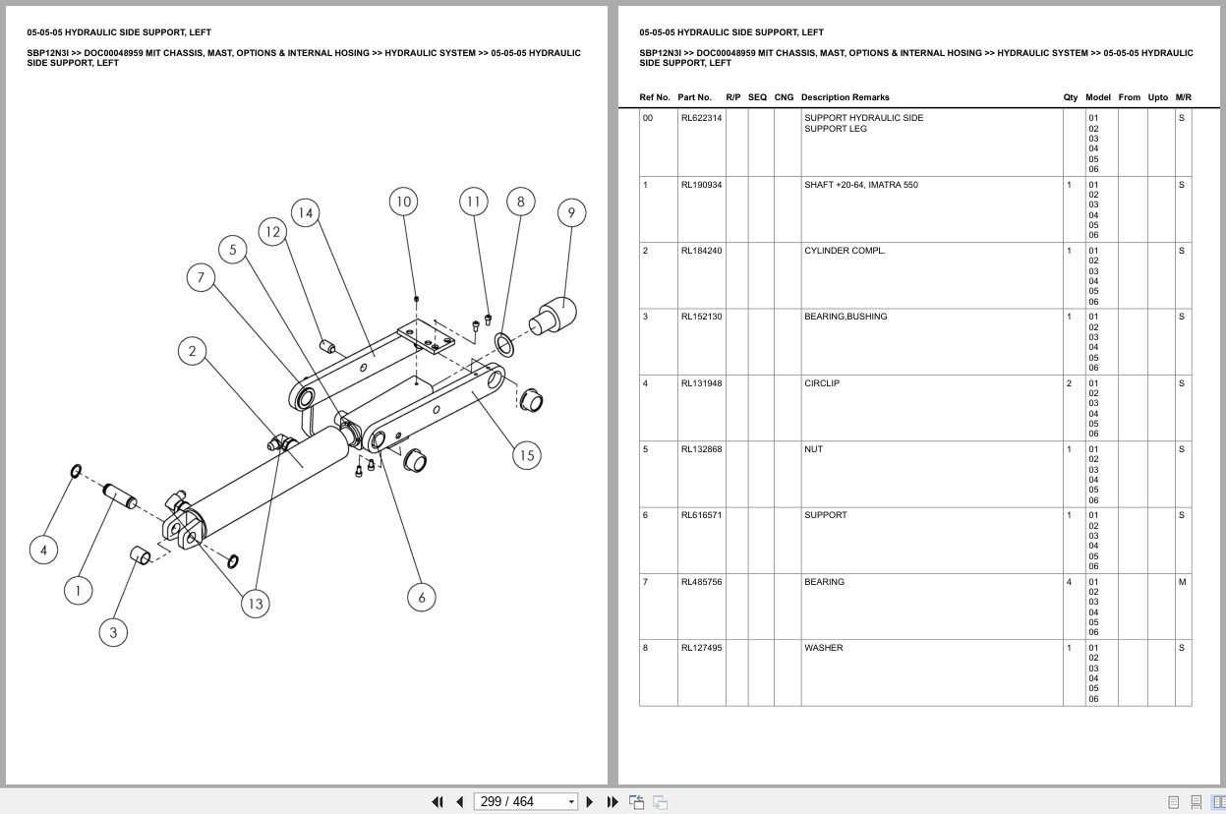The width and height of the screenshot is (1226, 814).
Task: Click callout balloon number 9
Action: (571, 212)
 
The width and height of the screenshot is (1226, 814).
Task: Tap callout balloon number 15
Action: (527, 455)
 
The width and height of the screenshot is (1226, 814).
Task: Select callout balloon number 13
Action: (256, 604)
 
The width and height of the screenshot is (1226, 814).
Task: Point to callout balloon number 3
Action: (113, 633)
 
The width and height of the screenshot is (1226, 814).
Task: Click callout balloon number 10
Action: (403, 202)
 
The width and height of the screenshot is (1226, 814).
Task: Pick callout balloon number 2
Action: (192, 351)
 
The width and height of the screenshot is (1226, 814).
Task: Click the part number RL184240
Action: (701, 251)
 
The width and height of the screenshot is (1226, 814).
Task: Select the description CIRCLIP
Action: (822, 383)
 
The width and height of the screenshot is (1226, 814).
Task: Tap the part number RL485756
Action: (701, 582)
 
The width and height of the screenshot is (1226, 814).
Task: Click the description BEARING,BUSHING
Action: (846, 317)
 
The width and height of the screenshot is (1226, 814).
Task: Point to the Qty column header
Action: (1071, 97)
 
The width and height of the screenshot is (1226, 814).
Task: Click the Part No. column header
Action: (694, 97)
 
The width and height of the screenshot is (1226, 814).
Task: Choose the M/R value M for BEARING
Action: (1182, 582)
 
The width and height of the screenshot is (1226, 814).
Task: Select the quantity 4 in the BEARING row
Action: (1069, 582)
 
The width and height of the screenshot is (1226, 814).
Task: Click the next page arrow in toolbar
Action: (590, 802)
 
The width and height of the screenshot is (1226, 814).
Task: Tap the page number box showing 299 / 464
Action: (525, 802)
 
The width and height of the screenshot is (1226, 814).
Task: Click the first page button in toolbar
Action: (438, 802)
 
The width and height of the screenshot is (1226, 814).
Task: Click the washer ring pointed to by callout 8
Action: (504, 344)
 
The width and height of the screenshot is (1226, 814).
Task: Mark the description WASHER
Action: (823, 648)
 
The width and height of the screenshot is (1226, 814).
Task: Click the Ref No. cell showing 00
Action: (648, 118)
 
